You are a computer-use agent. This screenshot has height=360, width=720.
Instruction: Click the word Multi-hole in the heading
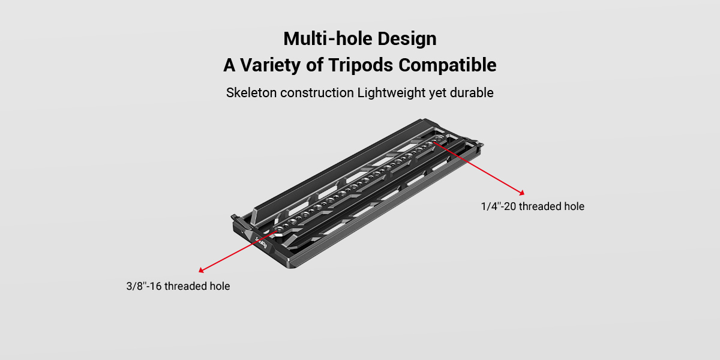(x=328, y=38)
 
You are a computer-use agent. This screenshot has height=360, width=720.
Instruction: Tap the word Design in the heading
(x=407, y=39)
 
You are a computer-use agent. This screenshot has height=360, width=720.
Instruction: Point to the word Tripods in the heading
(x=361, y=65)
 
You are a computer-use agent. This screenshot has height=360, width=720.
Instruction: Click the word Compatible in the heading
(x=448, y=65)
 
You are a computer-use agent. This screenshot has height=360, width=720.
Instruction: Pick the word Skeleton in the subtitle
(x=251, y=93)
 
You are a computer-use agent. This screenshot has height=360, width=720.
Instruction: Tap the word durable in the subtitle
(x=472, y=93)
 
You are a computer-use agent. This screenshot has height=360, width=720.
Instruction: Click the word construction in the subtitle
(x=317, y=93)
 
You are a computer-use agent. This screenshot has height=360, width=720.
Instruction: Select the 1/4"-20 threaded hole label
(x=533, y=206)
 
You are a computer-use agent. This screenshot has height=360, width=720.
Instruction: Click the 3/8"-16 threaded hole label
(x=178, y=286)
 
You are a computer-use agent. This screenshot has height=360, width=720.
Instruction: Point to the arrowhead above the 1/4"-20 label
(x=521, y=193)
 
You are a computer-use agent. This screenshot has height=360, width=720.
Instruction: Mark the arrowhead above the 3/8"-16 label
(x=201, y=270)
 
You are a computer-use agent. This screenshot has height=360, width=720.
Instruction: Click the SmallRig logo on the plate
(x=261, y=242)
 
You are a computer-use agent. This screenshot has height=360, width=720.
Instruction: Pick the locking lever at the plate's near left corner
(x=235, y=218)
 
